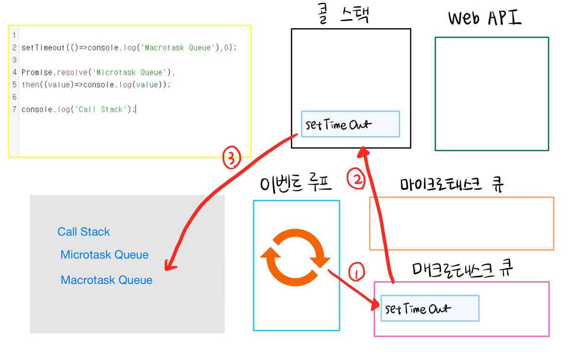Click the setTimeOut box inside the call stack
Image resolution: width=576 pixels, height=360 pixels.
(x=350, y=124)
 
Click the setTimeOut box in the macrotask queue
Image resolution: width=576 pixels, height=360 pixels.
(x=430, y=308)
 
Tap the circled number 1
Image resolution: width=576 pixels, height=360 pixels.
(x=356, y=273)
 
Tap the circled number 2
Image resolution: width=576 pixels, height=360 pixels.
(x=356, y=180)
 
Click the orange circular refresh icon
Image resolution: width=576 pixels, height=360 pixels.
(x=294, y=256)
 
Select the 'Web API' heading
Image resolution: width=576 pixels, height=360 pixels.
(x=485, y=18)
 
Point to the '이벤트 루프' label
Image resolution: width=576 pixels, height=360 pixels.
(x=296, y=184)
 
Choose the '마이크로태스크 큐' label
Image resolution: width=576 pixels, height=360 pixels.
(x=453, y=185)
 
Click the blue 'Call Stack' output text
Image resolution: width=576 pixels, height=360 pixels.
(x=84, y=232)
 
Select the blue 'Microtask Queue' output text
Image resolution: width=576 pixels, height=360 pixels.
(x=104, y=255)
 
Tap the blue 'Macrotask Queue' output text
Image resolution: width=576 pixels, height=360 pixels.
(x=107, y=280)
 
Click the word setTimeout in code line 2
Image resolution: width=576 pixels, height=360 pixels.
(x=41, y=48)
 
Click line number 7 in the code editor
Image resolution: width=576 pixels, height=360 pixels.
(x=15, y=109)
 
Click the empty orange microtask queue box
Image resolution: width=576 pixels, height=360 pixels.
(x=461, y=223)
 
